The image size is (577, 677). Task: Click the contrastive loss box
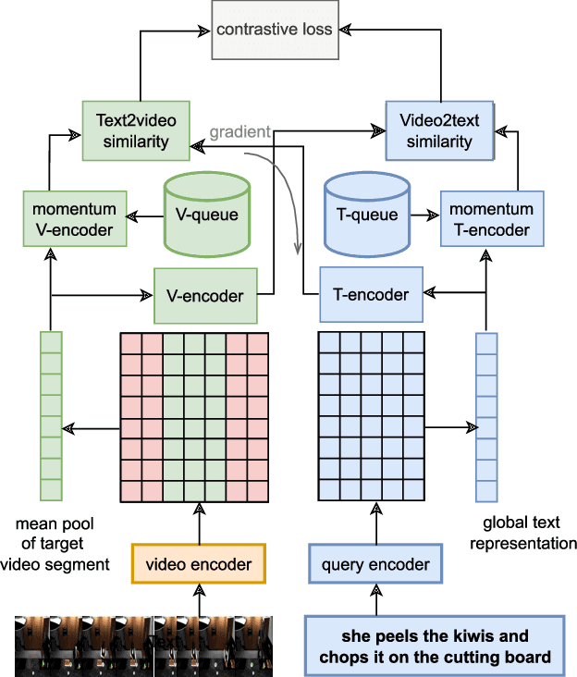(x=274, y=30)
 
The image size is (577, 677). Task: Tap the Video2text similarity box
(x=435, y=130)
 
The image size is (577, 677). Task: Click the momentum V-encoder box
(x=73, y=219)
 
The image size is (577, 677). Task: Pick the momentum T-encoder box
(x=492, y=219)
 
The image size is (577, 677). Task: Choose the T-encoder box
(x=370, y=295)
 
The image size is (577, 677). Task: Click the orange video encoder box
(x=199, y=562)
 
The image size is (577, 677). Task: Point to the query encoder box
(x=374, y=562)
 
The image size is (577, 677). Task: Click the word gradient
(x=239, y=132)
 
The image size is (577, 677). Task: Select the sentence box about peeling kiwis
(x=434, y=646)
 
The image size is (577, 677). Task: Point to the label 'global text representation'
(x=523, y=534)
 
